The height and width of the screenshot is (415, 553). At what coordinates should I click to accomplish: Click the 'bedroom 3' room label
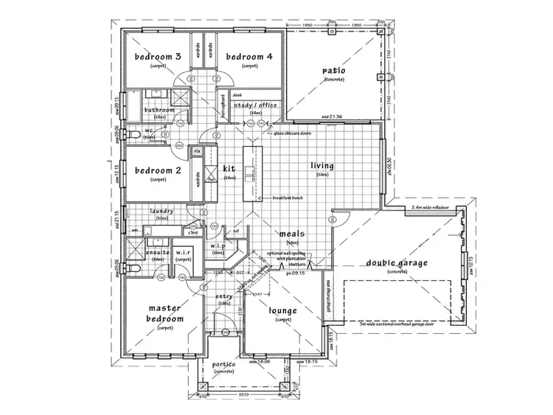(158, 57)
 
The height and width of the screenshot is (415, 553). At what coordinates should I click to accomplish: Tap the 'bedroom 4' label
(249, 57)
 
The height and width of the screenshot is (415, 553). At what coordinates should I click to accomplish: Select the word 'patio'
(333, 71)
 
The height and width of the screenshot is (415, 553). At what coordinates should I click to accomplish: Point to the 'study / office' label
(255, 106)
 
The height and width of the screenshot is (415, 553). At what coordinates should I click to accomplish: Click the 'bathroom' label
(160, 111)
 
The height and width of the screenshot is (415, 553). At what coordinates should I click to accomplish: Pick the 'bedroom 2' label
(158, 171)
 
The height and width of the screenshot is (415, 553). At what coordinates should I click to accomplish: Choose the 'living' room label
(322, 167)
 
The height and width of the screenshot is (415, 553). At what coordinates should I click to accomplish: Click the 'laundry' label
(161, 212)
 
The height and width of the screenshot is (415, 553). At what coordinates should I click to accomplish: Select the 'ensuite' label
(158, 253)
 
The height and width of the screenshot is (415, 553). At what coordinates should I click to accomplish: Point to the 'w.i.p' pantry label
(218, 245)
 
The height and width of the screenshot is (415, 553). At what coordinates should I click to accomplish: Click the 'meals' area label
(292, 234)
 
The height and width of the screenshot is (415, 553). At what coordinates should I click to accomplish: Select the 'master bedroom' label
(165, 313)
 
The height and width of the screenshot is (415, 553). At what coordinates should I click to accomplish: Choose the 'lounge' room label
(282, 311)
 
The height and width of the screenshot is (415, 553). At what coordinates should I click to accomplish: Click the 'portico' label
(223, 366)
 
